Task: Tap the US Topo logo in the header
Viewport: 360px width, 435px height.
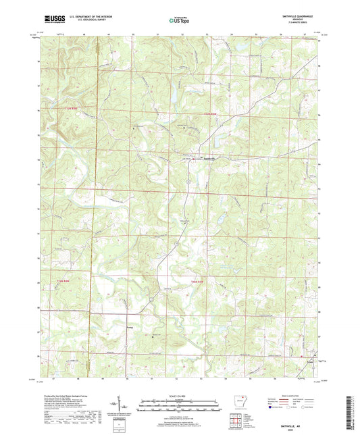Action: point(179,20)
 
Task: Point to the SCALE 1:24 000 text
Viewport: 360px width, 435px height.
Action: point(179,394)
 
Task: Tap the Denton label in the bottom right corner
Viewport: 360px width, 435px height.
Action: point(311,361)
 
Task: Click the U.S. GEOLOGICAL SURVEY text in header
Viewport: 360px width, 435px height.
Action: point(88,21)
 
